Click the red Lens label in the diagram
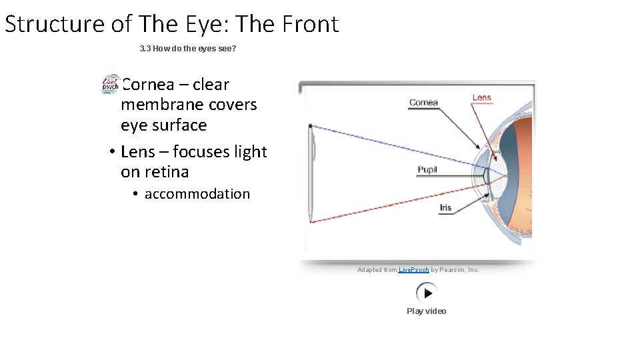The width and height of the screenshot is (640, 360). click(481, 97)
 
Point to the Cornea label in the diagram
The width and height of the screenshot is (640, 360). click(423, 102)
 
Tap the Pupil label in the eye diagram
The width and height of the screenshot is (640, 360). click(427, 169)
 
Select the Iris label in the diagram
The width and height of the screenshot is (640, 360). click(445, 207)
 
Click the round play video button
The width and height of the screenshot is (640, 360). click(427, 293)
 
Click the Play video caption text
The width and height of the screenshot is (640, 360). click(427, 311)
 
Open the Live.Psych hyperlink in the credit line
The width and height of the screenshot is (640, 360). click(413, 270)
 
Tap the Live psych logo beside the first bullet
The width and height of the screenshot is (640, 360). click(110, 85)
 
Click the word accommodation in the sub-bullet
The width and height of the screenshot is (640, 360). click(197, 194)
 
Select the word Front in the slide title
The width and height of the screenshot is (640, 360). click(311, 24)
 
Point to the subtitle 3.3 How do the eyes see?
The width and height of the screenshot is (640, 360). click(188, 49)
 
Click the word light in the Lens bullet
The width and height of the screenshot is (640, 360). click(250, 152)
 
